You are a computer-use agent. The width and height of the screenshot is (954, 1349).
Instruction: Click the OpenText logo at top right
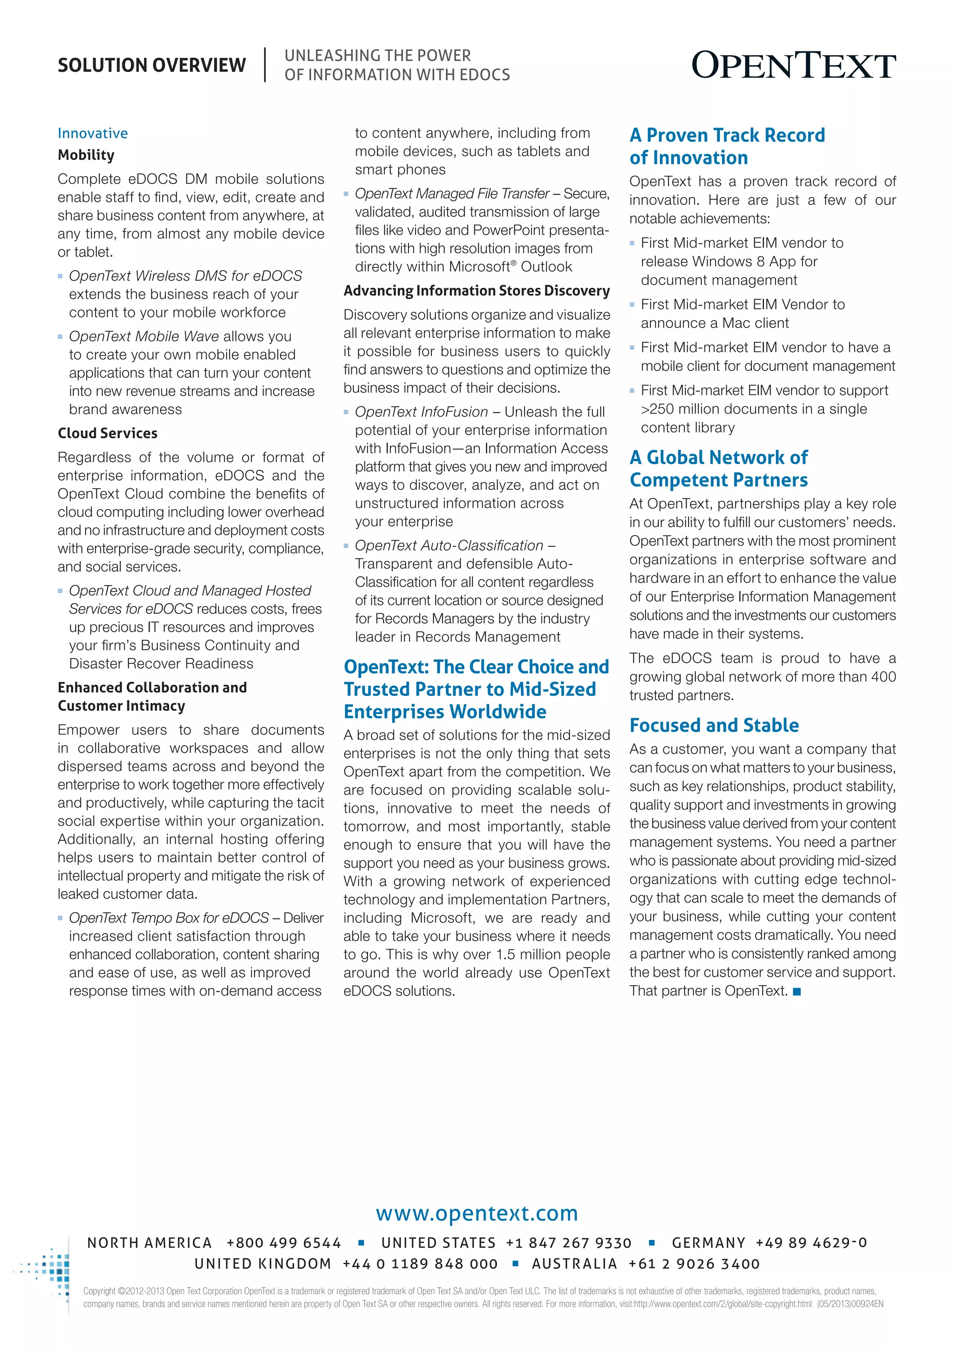(793, 65)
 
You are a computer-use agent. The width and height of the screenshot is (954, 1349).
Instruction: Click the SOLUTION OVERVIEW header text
(151, 65)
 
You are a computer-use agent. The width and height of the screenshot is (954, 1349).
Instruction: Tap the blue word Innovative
(92, 133)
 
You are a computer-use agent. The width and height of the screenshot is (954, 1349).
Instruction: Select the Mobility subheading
(86, 155)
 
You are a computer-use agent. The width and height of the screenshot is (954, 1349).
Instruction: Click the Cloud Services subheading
(108, 433)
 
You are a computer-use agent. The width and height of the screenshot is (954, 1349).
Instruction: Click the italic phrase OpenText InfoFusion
(421, 412)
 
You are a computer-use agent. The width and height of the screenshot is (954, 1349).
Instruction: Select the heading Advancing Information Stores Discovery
(477, 291)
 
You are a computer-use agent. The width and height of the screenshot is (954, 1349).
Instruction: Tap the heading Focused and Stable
(714, 725)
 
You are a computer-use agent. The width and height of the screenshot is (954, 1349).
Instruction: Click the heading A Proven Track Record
(727, 135)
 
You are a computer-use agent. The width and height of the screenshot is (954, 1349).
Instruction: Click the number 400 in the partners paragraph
(883, 677)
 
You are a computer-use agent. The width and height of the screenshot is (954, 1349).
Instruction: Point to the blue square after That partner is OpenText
(797, 992)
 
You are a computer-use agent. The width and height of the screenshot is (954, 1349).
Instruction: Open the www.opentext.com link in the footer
(477, 1213)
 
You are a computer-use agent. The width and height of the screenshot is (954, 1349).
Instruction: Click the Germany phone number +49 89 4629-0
(811, 1243)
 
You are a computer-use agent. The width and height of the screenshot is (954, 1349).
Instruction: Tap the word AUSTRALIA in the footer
(574, 1264)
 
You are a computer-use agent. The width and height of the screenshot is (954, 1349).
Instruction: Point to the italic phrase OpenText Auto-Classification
(449, 545)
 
